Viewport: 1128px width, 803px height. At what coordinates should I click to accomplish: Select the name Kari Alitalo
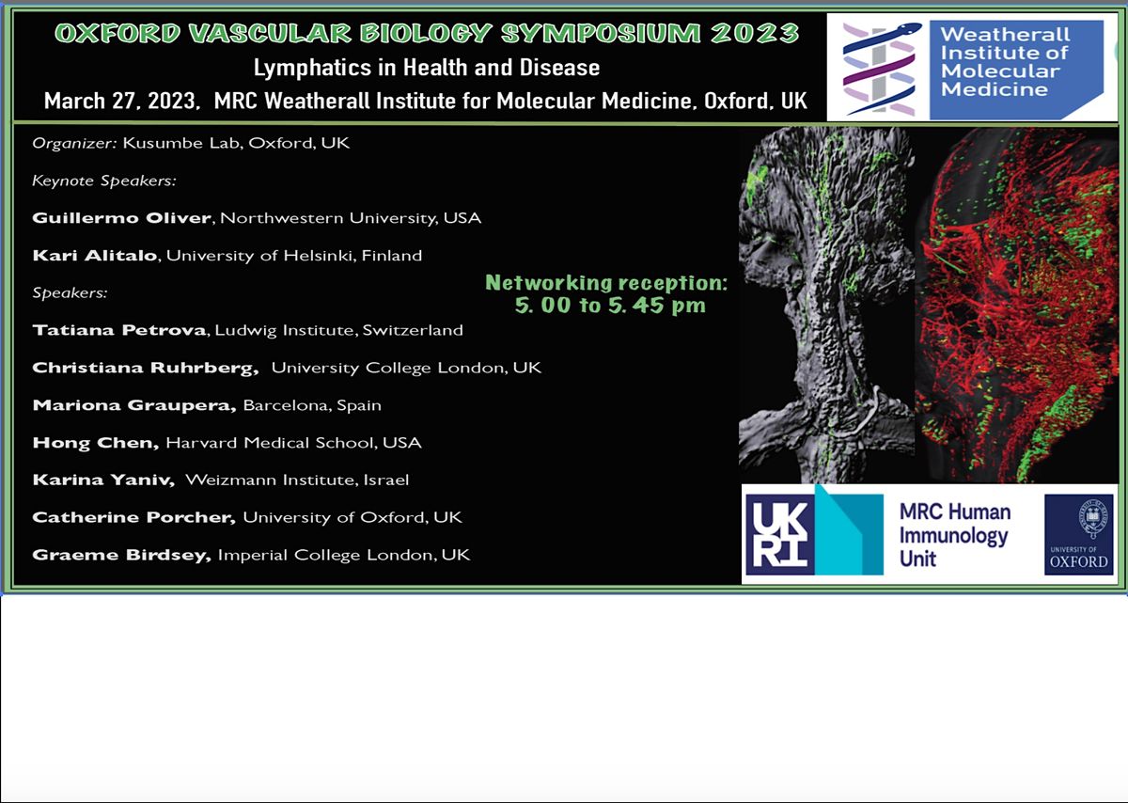coord(95,256)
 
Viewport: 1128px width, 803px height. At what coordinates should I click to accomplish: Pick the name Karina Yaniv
coord(103,480)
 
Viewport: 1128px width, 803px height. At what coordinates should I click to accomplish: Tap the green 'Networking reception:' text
coord(607,283)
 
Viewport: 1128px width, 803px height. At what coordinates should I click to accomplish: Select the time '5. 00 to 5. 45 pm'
coord(610,306)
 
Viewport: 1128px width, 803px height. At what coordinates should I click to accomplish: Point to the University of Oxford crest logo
coord(1078,534)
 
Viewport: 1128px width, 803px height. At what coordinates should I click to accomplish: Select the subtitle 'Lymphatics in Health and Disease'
coord(426,68)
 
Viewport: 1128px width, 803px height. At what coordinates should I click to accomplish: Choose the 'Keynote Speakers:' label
coord(104,181)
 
